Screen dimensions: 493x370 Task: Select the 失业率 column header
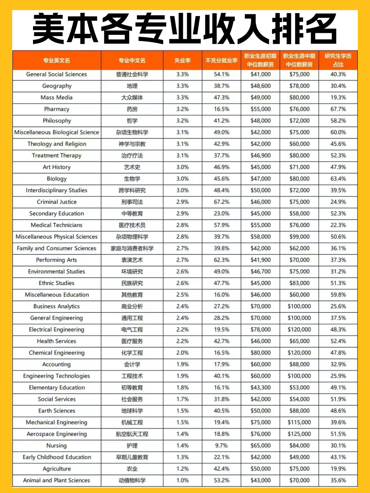[x=182, y=60]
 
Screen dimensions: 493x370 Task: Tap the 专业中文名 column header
[x=132, y=60]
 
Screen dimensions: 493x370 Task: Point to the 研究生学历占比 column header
[x=338, y=60]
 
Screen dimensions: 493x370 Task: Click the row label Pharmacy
[x=57, y=109]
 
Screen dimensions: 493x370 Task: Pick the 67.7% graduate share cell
[x=338, y=109]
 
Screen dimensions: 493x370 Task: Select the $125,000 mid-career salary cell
[x=299, y=434]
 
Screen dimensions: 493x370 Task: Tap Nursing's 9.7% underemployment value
[x=221, y=445]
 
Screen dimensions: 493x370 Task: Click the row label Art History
[x=57, y=167]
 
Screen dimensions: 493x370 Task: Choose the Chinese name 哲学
[x=132, y=121]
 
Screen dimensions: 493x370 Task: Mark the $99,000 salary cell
[x=299, y=237]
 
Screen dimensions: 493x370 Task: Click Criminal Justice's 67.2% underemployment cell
[x=221, y=202]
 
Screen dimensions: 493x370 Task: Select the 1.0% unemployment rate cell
[x=182, y=480]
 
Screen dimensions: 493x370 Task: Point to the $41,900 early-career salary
[x=260, y=260]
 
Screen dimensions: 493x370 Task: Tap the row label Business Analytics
[x=57, y=306]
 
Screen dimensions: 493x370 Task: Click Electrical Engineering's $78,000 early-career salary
[x=260, y=330]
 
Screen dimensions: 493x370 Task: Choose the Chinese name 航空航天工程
[x=132, y=434]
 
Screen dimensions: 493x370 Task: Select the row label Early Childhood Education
[x=57, y=457]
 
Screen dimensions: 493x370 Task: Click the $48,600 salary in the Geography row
[x=260, y=86]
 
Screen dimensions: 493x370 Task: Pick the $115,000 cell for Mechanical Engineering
[x=299, y=422]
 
